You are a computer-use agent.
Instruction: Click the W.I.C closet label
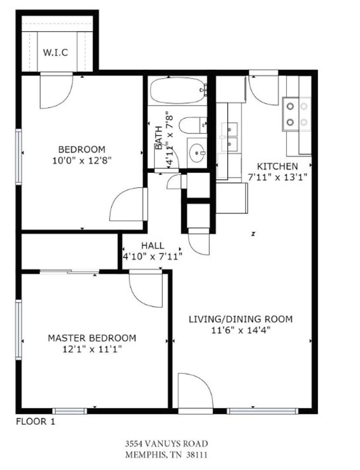click(55, 53)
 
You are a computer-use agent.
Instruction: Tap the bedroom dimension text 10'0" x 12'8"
click(82, 161)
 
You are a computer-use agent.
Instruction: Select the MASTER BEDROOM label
click(92, 338)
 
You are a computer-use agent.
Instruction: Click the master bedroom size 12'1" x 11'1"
click(92, 349)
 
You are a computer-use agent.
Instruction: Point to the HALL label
click(153, 246)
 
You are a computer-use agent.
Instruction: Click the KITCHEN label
click(278, 166)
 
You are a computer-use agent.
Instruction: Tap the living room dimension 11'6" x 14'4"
click(241, 330)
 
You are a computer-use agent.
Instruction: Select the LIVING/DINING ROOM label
click(240, 319)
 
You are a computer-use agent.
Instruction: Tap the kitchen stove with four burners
click(297, 114)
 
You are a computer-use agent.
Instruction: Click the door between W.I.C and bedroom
click(57, 91)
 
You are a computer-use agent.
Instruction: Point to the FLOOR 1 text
click(35, 422)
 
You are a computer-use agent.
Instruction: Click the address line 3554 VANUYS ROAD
click(167, 443)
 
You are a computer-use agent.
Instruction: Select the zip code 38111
click(197, 455)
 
